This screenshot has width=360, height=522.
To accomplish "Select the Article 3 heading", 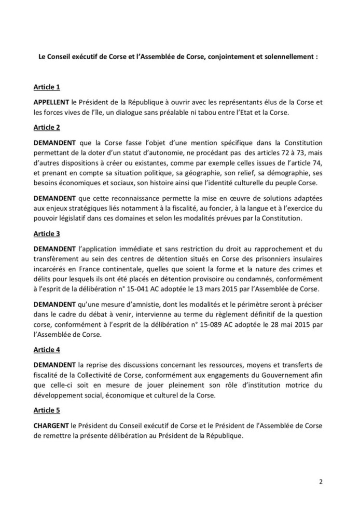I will click(47, 233).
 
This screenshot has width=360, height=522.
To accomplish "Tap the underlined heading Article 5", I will click(47, 410).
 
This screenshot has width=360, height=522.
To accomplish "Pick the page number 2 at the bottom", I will click(321, 481).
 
